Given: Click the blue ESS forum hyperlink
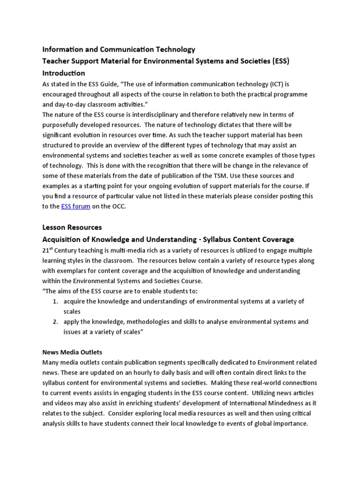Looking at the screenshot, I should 75,206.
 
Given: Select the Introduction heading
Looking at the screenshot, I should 64,73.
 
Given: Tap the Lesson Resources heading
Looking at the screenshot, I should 72,227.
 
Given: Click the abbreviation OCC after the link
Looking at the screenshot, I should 120,206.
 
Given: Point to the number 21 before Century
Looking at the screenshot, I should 46,251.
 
